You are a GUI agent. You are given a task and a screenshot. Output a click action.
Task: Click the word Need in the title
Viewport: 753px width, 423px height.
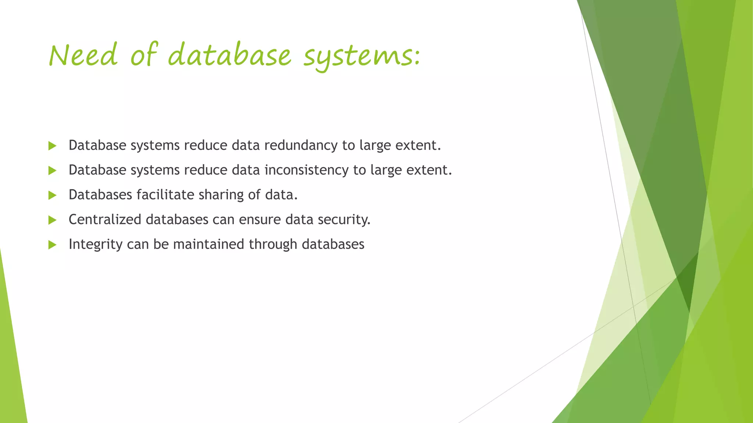(x=83, y=55)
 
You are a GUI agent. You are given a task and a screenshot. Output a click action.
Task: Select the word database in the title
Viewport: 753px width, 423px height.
(x=229, y=55)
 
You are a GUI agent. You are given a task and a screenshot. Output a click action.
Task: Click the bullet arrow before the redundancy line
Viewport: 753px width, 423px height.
(x=52, y=146)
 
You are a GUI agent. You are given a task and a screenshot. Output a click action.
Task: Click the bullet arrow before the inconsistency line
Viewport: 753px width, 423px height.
(x=52, y=170)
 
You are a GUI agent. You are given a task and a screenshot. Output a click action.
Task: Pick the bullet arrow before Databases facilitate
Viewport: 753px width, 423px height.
(x=52, y=195)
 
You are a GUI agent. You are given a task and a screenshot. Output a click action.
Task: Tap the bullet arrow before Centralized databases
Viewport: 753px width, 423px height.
(x=52, y=220)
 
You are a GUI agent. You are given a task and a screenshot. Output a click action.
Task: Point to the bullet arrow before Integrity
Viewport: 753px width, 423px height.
(x=52, y=245)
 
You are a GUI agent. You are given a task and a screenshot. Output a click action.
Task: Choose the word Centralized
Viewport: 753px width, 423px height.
(x=105, y=220)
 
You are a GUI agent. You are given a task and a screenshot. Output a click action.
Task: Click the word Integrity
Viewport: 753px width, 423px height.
(x=96, y=245)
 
